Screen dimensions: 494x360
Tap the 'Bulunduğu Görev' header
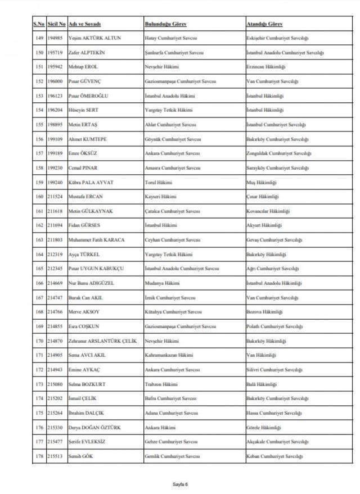pyautogui.click(x=166, y=25)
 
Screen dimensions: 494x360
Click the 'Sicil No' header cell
pyautogui.click(x=56, y=25)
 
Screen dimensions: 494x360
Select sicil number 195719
pyautogui.click(x=56, y=52)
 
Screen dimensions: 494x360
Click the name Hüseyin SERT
pyautogui.click(x=84, y=110)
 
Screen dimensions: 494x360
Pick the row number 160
pyautogui.click(x=39, y=197)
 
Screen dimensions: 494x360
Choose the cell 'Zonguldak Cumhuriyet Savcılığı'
pyautogui.click(x=278, y=153)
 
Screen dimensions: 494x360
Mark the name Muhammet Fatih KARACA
pyautogui.click(x=96, y=240)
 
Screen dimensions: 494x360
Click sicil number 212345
pyautogui.click(x=56, y=269)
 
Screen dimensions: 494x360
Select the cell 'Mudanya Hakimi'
pyautogui.click(x=161, y=283)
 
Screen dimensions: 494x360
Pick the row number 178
pyautogui.click(x=39, y=456)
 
